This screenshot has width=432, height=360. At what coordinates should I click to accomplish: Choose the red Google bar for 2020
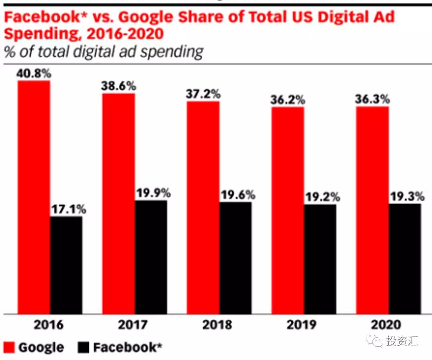tap(372, 210)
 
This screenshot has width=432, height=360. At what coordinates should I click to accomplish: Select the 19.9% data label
tap(153, 193)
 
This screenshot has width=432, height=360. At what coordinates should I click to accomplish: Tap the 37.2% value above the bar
tap(203, 94)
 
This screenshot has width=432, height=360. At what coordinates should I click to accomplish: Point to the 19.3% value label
tap(406, 196)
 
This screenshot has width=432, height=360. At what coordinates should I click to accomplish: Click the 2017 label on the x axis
tap(133, 324)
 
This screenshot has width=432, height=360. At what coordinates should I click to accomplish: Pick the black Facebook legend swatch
tap(84, 347)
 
